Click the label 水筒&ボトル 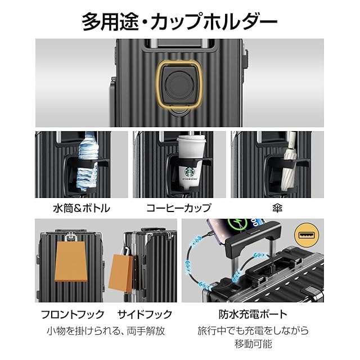pos(83,208)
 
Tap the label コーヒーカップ pos(179,208)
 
